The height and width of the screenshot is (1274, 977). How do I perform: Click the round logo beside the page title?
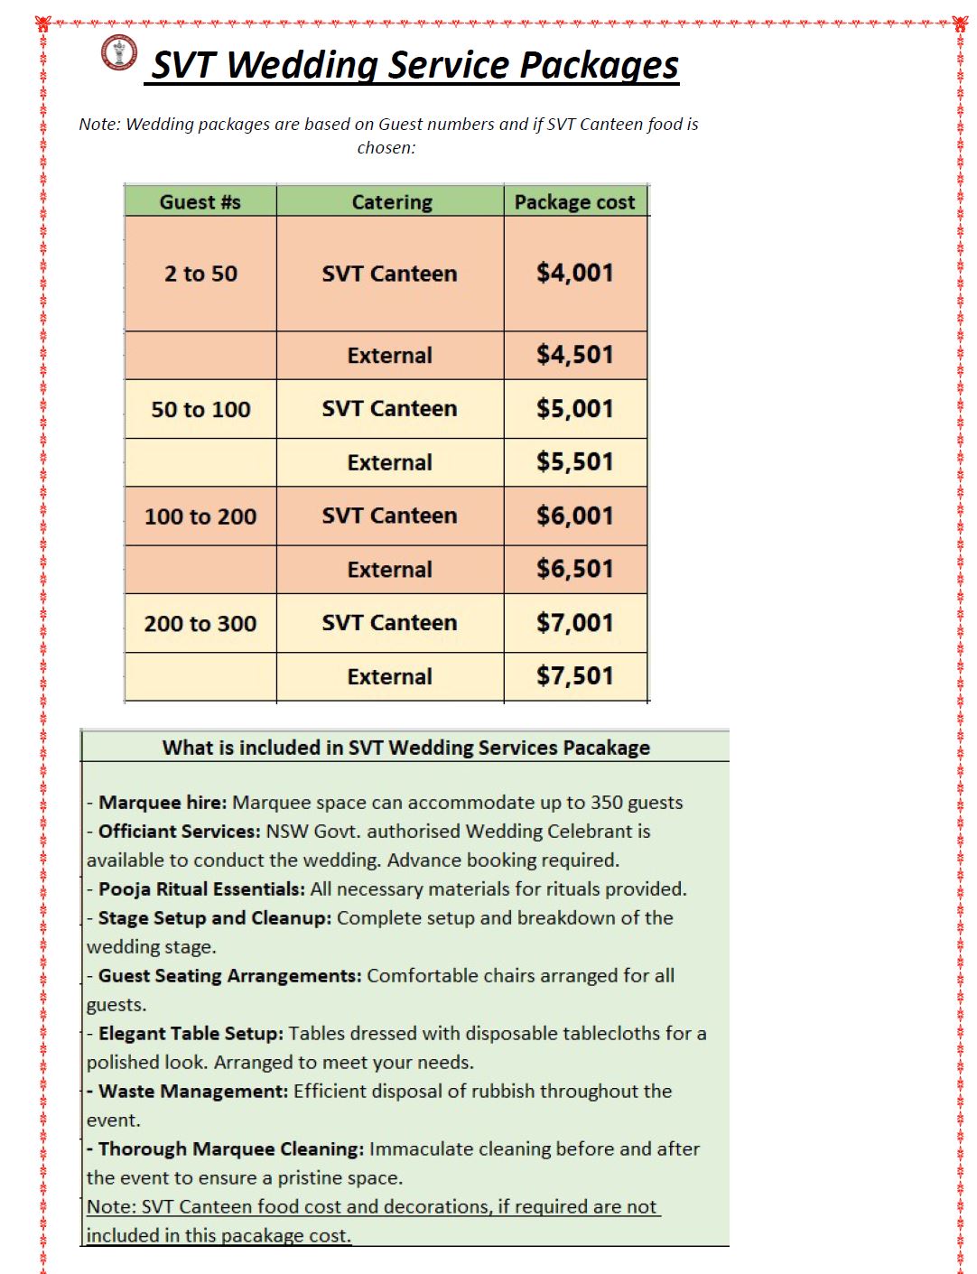[x=119, y=52]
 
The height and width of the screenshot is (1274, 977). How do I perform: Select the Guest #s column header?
[x=200, y=202]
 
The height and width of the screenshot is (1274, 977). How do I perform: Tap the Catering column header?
[x=391, y=202]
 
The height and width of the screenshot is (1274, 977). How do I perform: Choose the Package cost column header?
[x=574, y=202]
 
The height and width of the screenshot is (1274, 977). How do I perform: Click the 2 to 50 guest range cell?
[x=200, y=274]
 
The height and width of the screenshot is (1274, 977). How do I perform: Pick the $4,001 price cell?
[x=574, y=273]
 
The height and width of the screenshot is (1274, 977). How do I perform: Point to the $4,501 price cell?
[x=574, y=355]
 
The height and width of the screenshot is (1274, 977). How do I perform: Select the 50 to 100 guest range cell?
[x=200, y=409]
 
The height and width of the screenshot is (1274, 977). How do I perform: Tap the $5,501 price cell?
[x=574, y=462]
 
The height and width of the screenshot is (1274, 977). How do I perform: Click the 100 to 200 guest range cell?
[x=200, y=516]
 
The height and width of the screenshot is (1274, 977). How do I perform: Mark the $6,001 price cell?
[x=574, y=516]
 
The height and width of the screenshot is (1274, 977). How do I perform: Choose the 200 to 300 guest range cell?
[x=200, y=624]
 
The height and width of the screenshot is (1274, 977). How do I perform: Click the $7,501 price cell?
[x=574, y=676]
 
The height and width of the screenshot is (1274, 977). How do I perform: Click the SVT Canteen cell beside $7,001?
[x=389, y=623]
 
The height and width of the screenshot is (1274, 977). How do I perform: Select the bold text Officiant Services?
[x=179, y=832]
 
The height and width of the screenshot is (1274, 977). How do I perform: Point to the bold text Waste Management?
[x=193, y=1092]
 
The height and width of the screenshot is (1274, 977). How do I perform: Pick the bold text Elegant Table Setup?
[x=191, y=1034]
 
